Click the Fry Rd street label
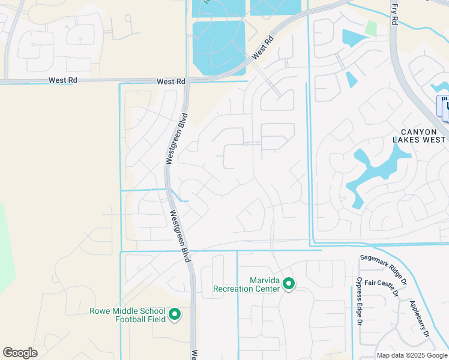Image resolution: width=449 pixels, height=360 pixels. pyautogui.click(x=394, y=13)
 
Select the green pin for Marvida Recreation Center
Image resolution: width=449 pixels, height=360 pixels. pyautogui.click(x=289, y=284)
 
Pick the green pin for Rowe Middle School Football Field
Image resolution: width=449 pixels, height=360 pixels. pyautogui.click(x=175, y=314)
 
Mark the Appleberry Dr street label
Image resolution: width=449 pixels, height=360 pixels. pyautogui.click(x=420, y=317)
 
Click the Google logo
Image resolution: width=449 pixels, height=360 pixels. pyautogui.click(x=20, y=353)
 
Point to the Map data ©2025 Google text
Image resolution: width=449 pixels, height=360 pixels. pyautogui.click(x=412, y=355)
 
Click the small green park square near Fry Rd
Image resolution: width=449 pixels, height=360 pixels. pyautogui.click(x=371, y=28)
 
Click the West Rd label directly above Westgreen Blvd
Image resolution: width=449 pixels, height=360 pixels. pyautogui.click(x=171, y=81)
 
